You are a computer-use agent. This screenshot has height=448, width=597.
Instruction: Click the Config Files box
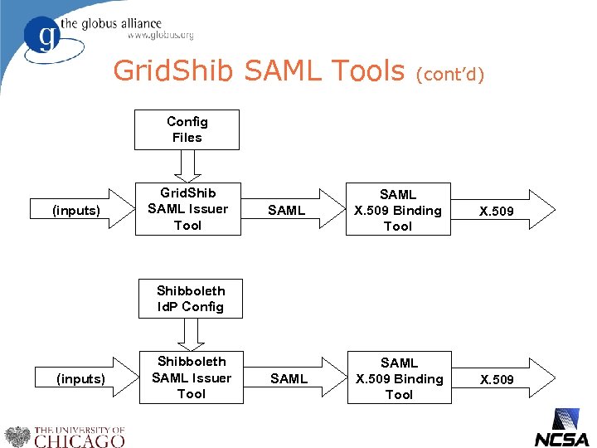tap(187, 129)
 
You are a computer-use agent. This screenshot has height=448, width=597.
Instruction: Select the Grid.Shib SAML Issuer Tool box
tap(187, 209)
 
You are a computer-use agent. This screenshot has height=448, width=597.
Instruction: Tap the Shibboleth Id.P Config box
tap(190, 299)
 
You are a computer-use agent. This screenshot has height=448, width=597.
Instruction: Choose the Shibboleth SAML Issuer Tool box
tap(191, 377)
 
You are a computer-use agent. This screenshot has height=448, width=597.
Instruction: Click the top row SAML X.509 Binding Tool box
tap(397, 210)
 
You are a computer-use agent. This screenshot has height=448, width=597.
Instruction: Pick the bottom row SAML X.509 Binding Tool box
tap(399, 379)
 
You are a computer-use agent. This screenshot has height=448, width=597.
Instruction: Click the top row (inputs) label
tap(76, 211)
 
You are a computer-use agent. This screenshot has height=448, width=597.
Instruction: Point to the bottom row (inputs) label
tap(80, 379)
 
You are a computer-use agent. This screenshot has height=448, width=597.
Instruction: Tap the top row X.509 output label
tap(496, 212)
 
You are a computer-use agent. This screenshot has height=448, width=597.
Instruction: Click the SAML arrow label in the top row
tap(286, 211)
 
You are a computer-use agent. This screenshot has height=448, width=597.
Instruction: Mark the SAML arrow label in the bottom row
tap(289, 379)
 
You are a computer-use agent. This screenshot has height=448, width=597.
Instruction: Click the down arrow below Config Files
tap(187, 165)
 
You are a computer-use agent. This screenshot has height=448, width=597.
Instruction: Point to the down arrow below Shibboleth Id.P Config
tap(191, 334)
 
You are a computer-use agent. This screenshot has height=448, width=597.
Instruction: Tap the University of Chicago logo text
tap(79, 437)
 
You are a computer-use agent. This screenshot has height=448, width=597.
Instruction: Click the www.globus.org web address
tap(160, 35)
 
